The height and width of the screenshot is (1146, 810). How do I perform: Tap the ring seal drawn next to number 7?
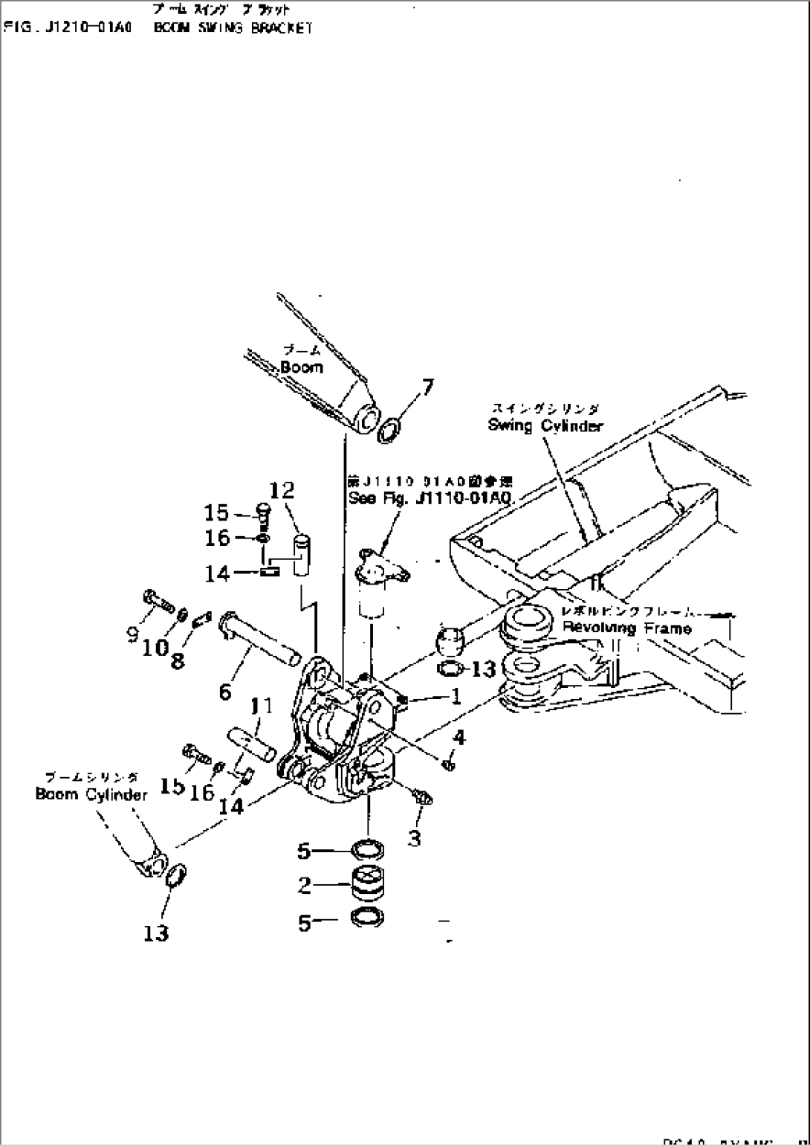(390, 431)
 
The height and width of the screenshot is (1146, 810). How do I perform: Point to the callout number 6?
(225, 692)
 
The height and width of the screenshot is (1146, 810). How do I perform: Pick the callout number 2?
(304, 885)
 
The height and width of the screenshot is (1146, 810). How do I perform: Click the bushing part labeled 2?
(367, 884)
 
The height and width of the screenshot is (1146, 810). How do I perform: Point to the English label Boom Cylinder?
(91, 794)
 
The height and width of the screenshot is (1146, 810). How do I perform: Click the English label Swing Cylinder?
(545, 426)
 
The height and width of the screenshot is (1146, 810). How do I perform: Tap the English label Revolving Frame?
(626, 628)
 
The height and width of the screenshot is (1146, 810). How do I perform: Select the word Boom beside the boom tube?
(302, 367)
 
